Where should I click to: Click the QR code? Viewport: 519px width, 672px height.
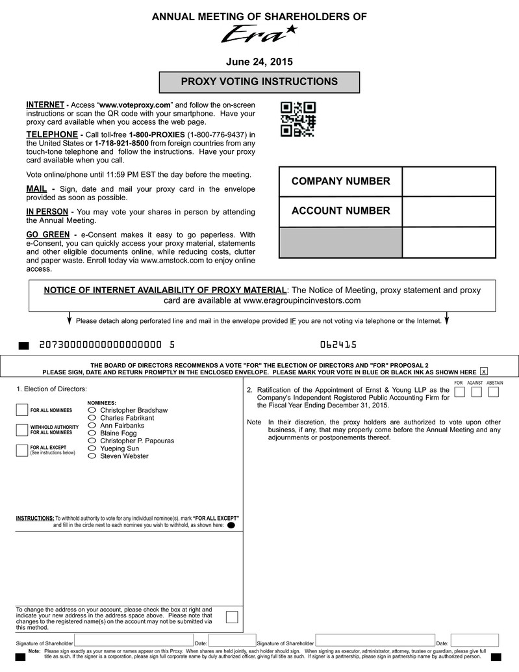click(x=298, y=120)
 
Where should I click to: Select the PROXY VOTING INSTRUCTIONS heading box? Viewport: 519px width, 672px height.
click(x=259, y=83)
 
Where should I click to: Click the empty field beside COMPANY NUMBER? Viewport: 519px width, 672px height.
click(x=449, y=181)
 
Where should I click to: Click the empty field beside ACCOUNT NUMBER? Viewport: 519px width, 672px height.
click(x=449, y=211)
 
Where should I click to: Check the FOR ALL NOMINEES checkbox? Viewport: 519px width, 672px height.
click(x=22, y=410)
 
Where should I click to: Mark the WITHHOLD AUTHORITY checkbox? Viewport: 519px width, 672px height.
click(x=22, y=430)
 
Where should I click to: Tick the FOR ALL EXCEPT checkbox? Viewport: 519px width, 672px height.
click(x=22, y=450)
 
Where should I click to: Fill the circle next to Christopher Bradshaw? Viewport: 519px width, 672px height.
click(x=92, y=410)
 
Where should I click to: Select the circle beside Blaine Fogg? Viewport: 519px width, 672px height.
click(x=92, y=433)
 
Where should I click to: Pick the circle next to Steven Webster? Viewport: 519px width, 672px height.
click(x=92, y=456)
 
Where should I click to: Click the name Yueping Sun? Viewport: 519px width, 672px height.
click(x=120, y=448)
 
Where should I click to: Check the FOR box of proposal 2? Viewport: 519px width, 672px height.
click(x=459, y=392)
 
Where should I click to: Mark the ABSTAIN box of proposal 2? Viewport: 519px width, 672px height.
click(x=494, y=392)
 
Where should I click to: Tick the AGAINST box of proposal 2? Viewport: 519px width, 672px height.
click(x=477, y=392)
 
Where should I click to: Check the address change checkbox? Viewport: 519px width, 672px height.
click(x=231, y=617)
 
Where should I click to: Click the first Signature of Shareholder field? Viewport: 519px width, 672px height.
click(x=133, y=640)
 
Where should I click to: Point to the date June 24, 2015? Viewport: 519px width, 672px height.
click(x=259, y=62)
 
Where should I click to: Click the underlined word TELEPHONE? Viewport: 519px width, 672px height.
click(x=52, y=135)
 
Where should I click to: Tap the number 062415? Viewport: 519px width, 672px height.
click(x=338, y=344)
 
